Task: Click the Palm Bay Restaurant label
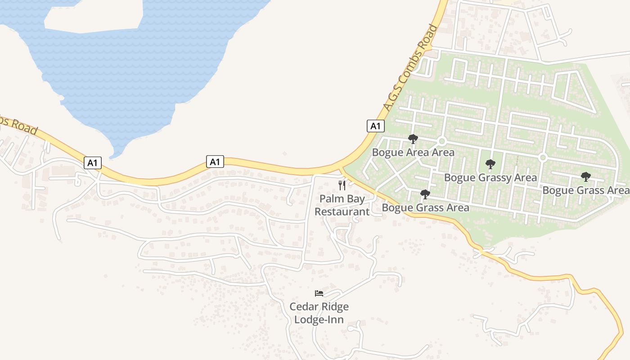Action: point(342,205)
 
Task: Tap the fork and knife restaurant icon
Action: point(342,185)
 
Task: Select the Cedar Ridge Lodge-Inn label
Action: point(319,313)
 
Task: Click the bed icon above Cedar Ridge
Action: point(319,293)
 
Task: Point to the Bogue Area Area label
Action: point(413,153)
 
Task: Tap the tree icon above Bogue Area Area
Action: point(413,139)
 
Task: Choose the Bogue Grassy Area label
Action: point(490,178)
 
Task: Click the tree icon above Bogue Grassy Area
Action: point(490,164)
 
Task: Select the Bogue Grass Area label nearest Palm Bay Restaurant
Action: point(425,208)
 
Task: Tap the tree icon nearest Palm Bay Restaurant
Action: point(425,194)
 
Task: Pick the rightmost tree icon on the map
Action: point(585,176)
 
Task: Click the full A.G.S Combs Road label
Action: point(410,68)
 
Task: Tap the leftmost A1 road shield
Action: point(92,163)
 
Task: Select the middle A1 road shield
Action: point(215,162)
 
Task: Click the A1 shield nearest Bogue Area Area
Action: point(375,126)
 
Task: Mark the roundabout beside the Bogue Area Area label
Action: point(441,141)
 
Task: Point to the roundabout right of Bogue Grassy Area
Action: point(543,157)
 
